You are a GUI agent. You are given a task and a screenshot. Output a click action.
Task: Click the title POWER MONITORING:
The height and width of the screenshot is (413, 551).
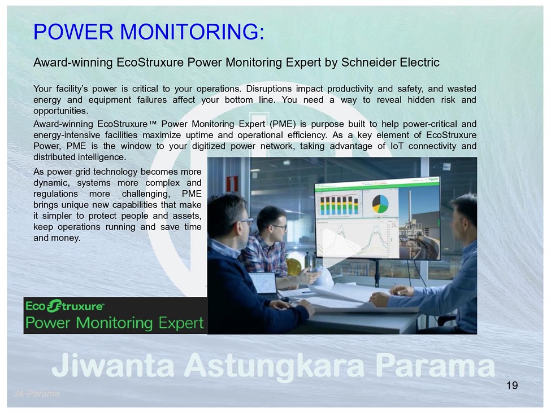tap(149, 32)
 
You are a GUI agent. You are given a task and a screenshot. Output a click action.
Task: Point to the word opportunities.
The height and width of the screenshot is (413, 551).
tap(60, 111)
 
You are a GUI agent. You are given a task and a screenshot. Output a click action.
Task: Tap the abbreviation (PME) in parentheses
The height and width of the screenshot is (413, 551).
tap(283, 124)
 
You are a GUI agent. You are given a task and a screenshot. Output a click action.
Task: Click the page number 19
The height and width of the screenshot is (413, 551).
tap(512, 385)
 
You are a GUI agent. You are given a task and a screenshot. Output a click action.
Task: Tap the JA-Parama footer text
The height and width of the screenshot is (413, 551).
tap(36, 394)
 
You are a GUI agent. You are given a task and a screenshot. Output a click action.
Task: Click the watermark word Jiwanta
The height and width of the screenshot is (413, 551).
tap(113, 365)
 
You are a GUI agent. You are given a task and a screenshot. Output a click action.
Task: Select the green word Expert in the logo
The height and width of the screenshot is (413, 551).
tap(181, 323)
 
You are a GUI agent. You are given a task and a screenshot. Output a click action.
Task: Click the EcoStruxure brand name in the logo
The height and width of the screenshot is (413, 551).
tap(64, 306)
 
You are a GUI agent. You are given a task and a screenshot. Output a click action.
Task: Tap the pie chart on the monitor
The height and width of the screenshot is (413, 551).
tap(380, 204)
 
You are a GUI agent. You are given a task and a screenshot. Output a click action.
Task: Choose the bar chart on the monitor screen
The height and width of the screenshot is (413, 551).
tap(339, 205)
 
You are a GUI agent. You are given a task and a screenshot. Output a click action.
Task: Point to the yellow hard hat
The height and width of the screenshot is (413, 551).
tap(293, 267)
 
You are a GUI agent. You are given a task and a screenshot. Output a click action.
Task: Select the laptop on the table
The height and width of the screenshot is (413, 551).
tap(266, 285)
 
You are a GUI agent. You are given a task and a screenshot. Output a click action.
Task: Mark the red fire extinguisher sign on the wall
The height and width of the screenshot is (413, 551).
tap(232, 184)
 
